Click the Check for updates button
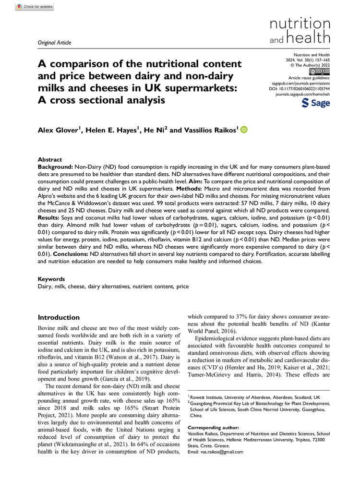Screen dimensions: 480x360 click(34, 7)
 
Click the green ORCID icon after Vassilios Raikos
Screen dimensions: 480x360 click(243, 129)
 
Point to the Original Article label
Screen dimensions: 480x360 click(54, 43)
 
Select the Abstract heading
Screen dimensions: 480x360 click(50, 159)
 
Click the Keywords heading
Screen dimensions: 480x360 click(51, 278)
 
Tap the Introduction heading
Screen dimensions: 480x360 click(59, 317)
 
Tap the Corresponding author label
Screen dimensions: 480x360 click(212, 427)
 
